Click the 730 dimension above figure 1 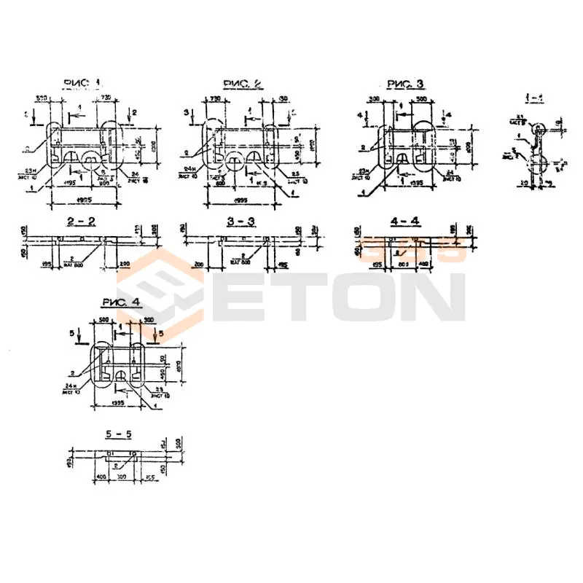coord(106,98)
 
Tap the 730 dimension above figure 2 coord(216,98)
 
